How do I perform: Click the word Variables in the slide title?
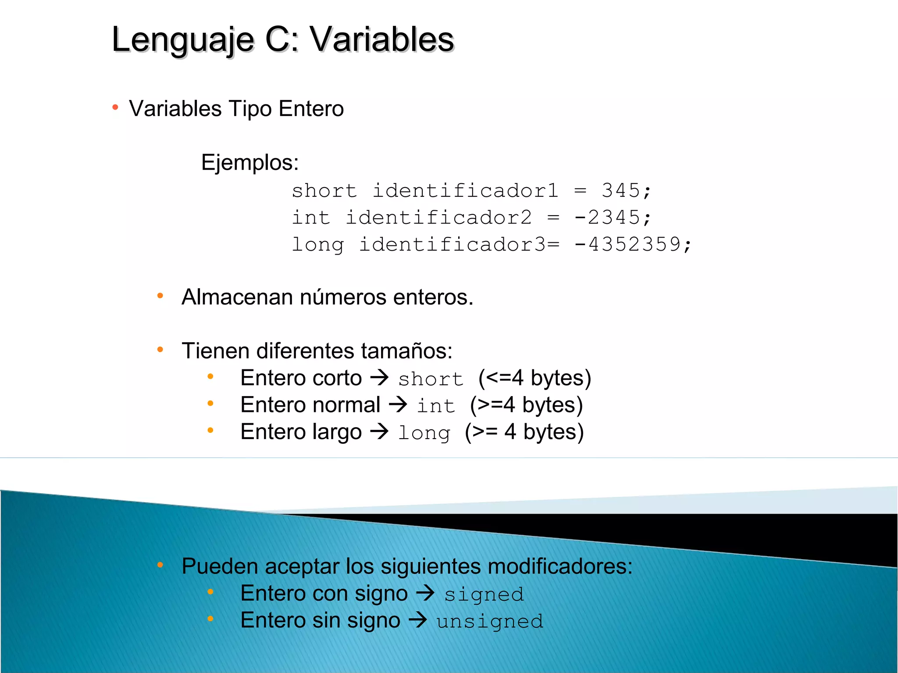[382, 39]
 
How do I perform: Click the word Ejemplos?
[249, 163]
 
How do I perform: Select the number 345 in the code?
[621, 191]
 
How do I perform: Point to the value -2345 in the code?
[607, 217]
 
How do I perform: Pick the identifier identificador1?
[465, 191]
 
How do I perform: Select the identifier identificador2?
[438, 217]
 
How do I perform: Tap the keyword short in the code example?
[324, 191]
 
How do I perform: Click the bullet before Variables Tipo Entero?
[115, 107]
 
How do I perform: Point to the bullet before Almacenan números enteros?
[160, 296]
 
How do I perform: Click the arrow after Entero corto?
[380, 377]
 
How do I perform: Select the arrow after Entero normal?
[398, 404]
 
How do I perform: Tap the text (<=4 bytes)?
[535, 378]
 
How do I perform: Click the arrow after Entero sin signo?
[418, 620]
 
